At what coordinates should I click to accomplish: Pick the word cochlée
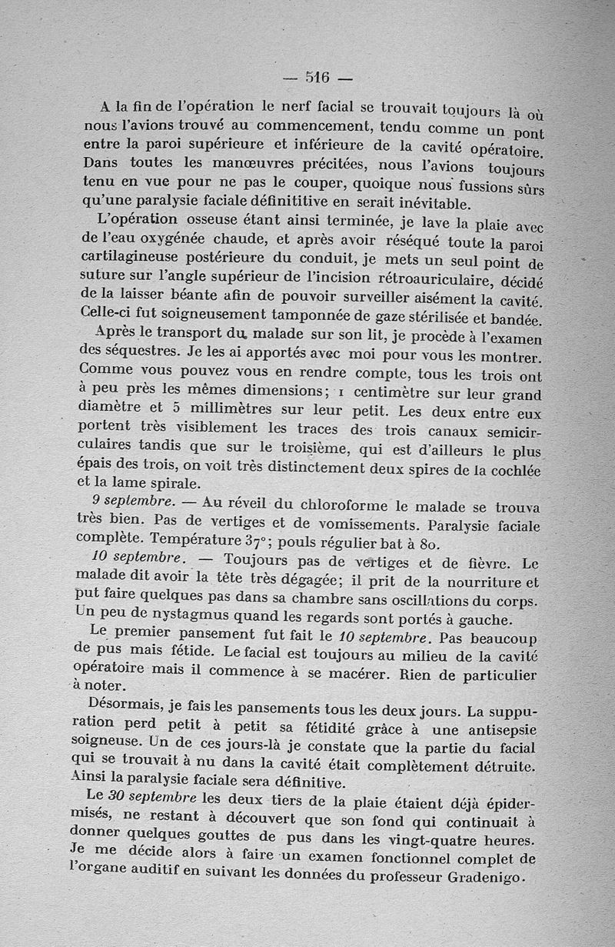coord(513,469)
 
